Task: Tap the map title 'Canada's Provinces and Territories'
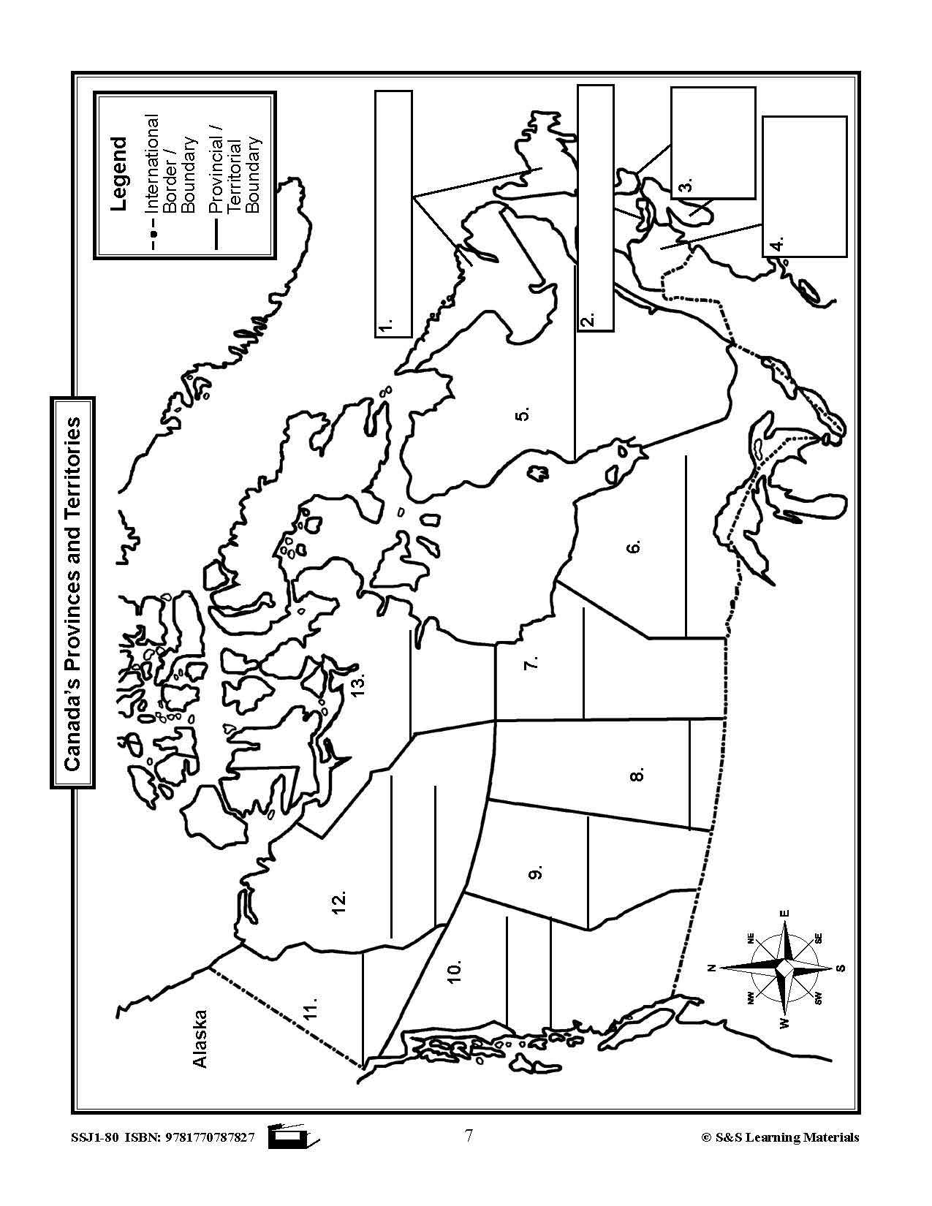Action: [x=73, y=593]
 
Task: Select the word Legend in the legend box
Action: [x=118, y=174]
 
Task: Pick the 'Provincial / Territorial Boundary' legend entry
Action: [x=235, y=174]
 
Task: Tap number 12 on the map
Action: [x=338, y=901]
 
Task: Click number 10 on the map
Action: [x=454, y=971]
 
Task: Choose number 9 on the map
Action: [x=536, y=873]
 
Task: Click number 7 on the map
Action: [x=532, y=662]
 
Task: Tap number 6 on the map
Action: [x=634, y=547]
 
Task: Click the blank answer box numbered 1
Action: [x=394, y=213]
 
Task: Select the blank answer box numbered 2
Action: [x=595, y=208]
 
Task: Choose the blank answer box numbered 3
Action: [x=713, y=143]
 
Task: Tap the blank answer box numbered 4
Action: [x=804, y=186]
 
